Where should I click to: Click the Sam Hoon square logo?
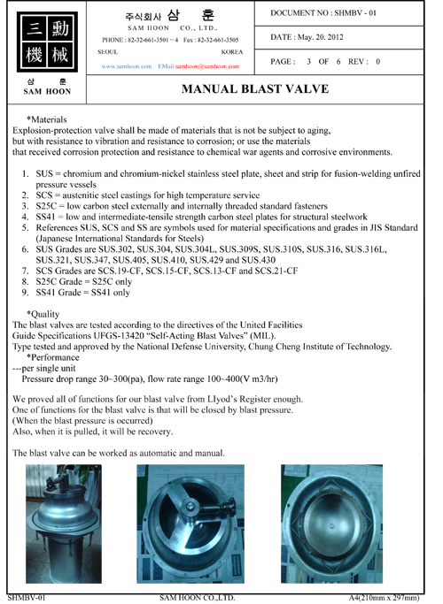point(47,42)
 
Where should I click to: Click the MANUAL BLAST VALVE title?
point(255,89)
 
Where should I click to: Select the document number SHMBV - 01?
point(355,12)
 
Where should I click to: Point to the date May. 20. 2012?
point(320,37)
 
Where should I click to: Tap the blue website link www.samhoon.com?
point(127,66)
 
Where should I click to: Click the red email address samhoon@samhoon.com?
point(207,66)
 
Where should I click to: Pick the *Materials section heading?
point(47,119)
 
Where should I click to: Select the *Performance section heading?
point(52,357)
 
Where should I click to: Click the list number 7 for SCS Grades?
point(26,271)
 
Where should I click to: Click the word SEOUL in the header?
point(108,52)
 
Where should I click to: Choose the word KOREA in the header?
point(232,52)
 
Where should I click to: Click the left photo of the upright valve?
point(64,524)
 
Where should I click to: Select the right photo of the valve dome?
point(332,524)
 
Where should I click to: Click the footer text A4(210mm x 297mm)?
point(384,598)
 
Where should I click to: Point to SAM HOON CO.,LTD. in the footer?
point(198,598)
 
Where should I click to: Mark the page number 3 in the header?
point(308,62)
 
